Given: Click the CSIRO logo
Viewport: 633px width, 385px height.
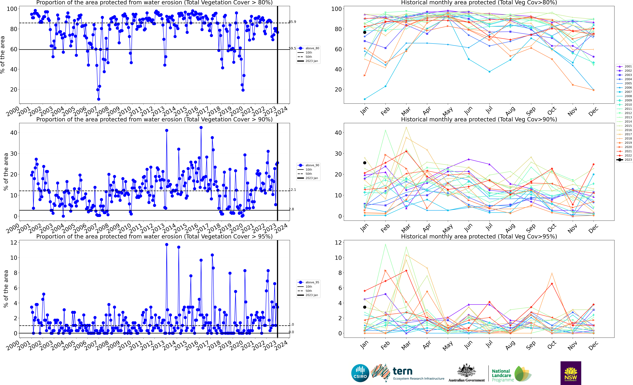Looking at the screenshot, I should tap(360, 373).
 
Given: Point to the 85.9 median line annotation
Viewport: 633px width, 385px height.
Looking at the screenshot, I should tap(292, 22).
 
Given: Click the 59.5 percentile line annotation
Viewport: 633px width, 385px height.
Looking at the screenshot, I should tap(292, 48).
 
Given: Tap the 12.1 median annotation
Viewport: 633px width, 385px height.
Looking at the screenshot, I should tap(292, 190).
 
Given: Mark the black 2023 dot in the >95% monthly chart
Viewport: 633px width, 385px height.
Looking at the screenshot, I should tap(365, 307).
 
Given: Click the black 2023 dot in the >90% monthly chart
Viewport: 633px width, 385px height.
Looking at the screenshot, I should tap(365, 163).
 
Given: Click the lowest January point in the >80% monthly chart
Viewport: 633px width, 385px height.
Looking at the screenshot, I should tap(365, 99).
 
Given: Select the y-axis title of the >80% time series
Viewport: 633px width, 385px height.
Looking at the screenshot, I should tap(3, 55).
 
